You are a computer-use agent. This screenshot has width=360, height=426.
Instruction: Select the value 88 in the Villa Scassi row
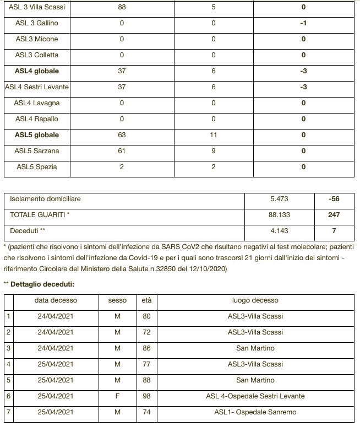click(x=122, y=7)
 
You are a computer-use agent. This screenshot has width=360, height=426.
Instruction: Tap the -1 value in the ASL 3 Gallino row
click(x=303, y=23)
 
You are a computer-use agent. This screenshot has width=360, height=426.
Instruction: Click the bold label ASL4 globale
click(x=37, y=71)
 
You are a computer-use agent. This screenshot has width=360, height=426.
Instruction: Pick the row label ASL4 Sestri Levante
click(x=37, y=87)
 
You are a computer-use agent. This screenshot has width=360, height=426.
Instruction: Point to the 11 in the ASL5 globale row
click(x=214, y=135)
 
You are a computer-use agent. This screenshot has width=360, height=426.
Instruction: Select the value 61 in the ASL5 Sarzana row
click(x=122, y=151)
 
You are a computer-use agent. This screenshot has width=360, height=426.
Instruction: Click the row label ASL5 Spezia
click(x=37, y=167)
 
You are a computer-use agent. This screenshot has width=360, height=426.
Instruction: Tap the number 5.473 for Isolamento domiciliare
click(x=280, y=199)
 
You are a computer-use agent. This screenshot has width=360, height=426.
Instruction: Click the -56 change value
click(x=334, y=199)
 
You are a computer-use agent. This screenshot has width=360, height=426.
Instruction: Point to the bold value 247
click(x=334, y=215)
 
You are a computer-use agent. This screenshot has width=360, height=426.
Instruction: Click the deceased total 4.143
click(x=280, y=231)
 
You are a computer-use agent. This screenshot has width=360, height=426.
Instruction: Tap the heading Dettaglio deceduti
click(x=42, y=284)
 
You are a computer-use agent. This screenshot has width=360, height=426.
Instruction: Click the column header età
click(x=147, y=300)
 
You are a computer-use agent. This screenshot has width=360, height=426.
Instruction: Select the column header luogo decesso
click(x=255, y=300)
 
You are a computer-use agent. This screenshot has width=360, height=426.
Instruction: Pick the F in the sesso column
click(x=117, y=396)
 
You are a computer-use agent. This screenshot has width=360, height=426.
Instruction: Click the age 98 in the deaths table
click(x=147, y=396)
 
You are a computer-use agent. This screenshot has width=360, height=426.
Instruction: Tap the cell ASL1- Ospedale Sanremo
click(x=255, y=412)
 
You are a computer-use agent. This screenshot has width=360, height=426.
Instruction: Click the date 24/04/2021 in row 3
click(x=56, y=348)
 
